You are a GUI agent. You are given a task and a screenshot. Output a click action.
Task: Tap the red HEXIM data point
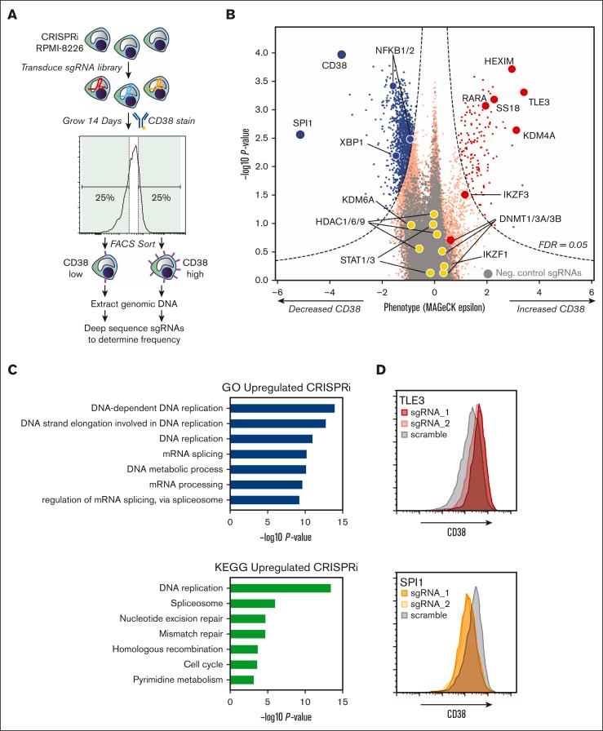tap(512, 69)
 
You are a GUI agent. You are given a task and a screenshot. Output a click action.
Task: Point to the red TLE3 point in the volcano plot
tap(524, 93)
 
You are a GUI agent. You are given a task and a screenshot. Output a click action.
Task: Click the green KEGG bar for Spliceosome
tap(252, 603)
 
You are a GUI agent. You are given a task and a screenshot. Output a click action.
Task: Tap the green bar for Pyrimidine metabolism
tap(242, 680)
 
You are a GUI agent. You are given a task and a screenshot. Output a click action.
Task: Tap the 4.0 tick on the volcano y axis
tap(266, 53)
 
